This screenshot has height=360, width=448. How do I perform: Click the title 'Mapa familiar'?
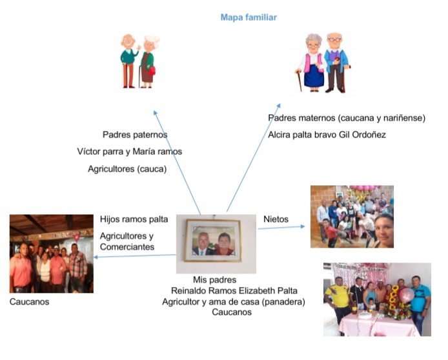coord(249,17)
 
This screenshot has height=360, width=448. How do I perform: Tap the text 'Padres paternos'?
coord(135,135)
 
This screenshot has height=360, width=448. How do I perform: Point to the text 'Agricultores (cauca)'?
coord(127,169)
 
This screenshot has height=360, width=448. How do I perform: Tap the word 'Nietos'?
coord(276,219)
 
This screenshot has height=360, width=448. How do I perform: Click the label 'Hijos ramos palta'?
coord(134,219)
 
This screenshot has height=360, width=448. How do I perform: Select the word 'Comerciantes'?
coord(127,247)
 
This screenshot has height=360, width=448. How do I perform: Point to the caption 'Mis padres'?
coord(214,280)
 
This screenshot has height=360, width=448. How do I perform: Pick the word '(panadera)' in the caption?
coord(285,301)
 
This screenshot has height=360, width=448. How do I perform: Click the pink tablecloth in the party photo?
coord(378,326)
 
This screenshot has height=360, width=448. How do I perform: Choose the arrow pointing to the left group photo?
coord(136,256)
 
